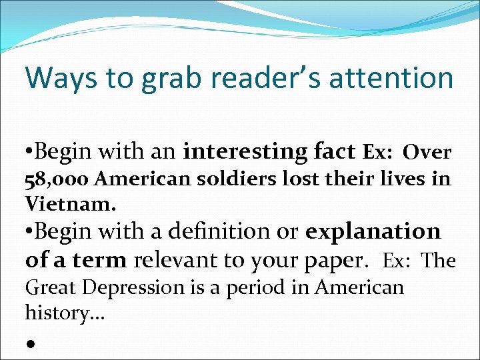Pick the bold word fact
(x=335, y=152)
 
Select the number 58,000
(x=57, y=179)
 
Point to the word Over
(x=428, y=153)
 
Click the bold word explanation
(x=373, y=232)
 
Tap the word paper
(x=337, y=260)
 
